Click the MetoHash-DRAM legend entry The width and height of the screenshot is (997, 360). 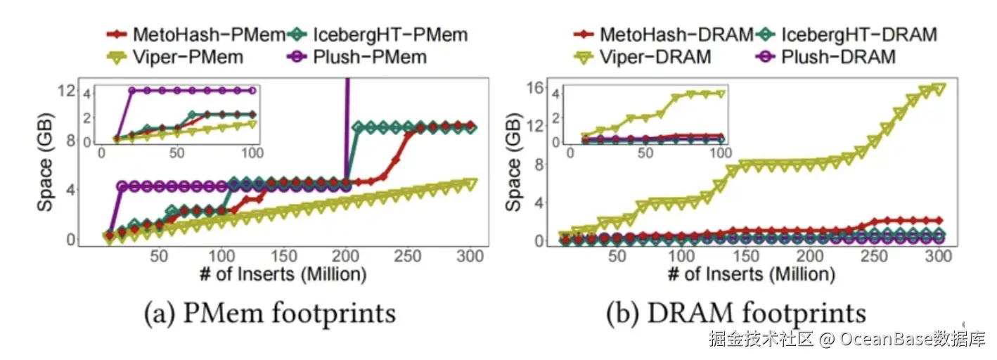(665, 33)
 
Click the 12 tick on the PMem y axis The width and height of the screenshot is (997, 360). (68, 91)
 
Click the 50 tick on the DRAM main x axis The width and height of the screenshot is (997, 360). (617, 257)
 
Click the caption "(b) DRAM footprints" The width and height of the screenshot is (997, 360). (735, 314)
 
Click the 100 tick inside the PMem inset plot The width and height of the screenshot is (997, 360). (252, 153)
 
